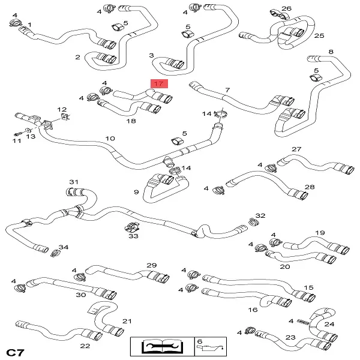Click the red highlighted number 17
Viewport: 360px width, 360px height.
tap(159, 83)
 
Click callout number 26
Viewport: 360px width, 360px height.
tap(286, 8)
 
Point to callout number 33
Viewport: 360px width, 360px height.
tap(133, 236)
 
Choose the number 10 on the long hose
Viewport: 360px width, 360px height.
tap(110, 139)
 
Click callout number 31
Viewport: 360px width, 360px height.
tap(74, 181)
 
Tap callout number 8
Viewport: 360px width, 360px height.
tap(331, 52)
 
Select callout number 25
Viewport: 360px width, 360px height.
tap(319, 36)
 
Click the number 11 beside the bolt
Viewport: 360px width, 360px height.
tap(17, 141)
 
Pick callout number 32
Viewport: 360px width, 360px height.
tap(260, 215)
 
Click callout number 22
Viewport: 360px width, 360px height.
tap(85, 346)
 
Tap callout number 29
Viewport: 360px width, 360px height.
tap(151, 265)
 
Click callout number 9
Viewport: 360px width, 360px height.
tap(136, 192)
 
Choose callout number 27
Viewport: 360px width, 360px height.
tap(296, 149)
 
